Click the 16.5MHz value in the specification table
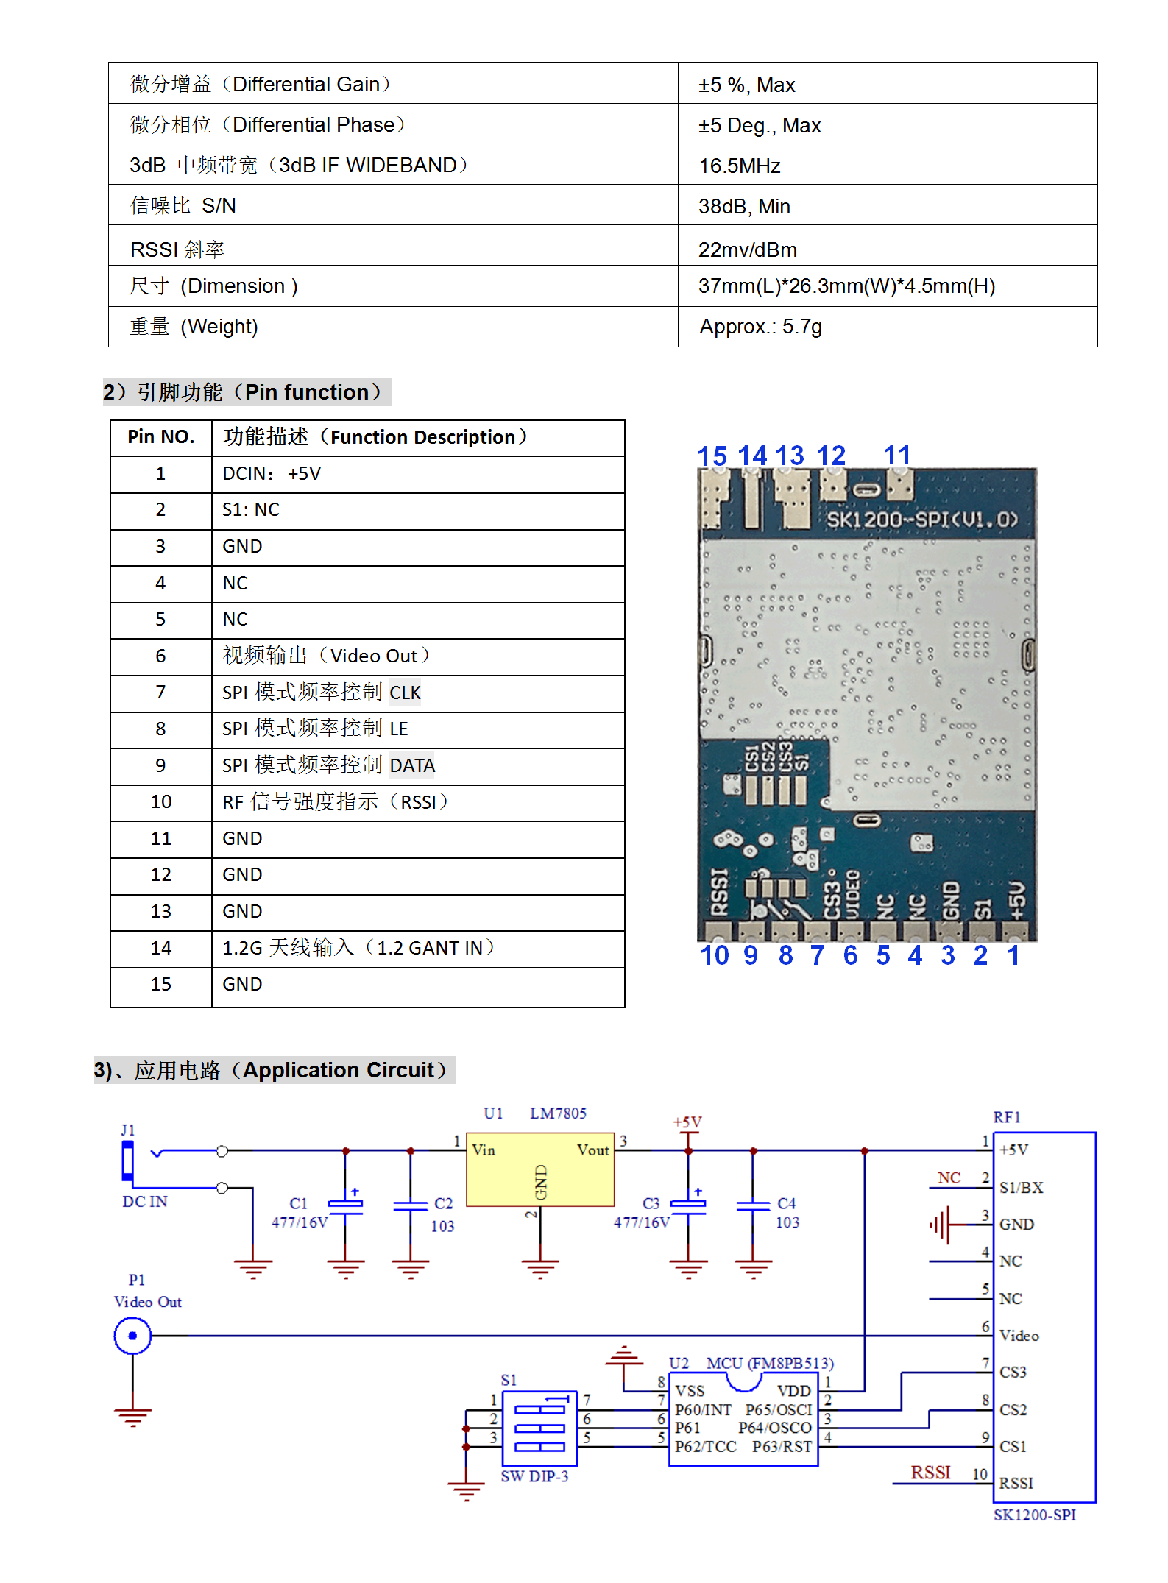point(739,166)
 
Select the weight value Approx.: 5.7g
point(760,327)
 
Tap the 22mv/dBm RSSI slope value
point(747,250)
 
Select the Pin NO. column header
point(160,437)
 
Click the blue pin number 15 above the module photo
point(712,456)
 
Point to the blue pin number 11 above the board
point(896,455)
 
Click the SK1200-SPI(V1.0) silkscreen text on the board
point(921,520)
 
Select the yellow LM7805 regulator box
point(540,1169)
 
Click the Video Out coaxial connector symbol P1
point(132,1336)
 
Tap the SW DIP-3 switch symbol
point(539,1428)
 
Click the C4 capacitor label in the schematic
point(786,1204)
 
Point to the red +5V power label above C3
point(687,1122)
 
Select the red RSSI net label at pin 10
point(930,1473)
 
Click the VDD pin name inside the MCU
point(793,1391)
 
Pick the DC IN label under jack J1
point(145,1202)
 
